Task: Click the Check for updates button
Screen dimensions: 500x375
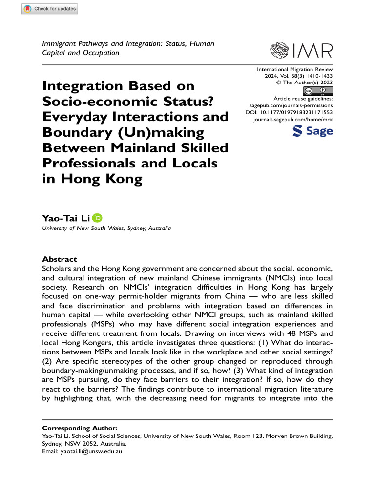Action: tap(49, 9)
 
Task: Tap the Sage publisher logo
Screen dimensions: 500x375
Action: tap(312, 131)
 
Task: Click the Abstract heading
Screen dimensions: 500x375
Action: tap(60, 259)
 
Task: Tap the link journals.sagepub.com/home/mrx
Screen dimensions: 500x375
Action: tap(293, 119)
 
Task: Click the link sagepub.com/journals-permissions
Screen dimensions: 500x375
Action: tap(292, 105)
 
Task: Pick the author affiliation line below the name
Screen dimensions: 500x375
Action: tap(106, 228)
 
